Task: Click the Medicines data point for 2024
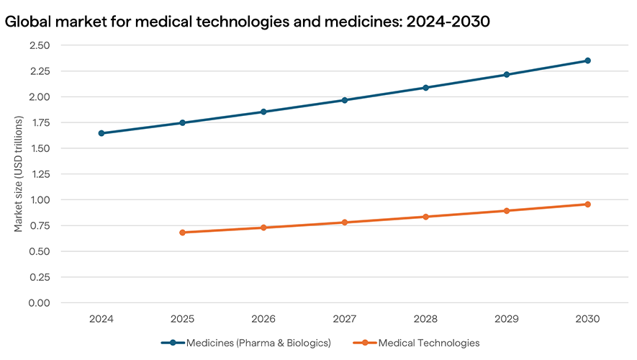click(x=101, y=133)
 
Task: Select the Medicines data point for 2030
click(x=587, y=60)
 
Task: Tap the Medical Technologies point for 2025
click(x=182, y=233)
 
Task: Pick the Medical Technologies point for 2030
click(x=587, y=204)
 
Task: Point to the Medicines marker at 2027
click(x=345, y=100)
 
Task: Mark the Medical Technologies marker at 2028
click(x=425, y=217)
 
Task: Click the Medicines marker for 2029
click(x=507, y=74)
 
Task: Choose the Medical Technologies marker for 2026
click(x=263, y=228)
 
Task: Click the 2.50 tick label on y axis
click(x=40, y=45)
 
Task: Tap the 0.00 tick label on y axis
click(x=40, y=302)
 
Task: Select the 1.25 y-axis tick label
click(x=40, y=174)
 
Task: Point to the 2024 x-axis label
click(x=101, y=318)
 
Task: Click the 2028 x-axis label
click(x=425, y=318)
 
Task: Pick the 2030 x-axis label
click(x=587, y=318)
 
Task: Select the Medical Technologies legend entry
click(x=428, y=343)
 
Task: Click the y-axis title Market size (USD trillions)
click(x=19, y=174)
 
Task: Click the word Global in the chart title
click(x=29, y=22)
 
